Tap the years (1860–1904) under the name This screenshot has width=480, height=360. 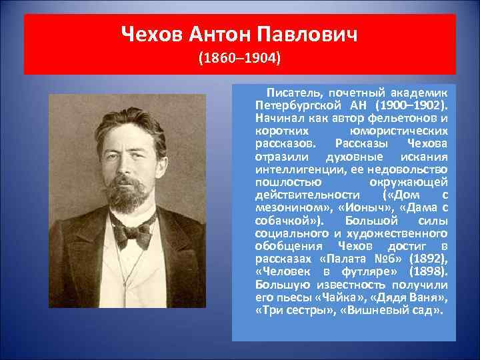(x=240, y=59)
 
